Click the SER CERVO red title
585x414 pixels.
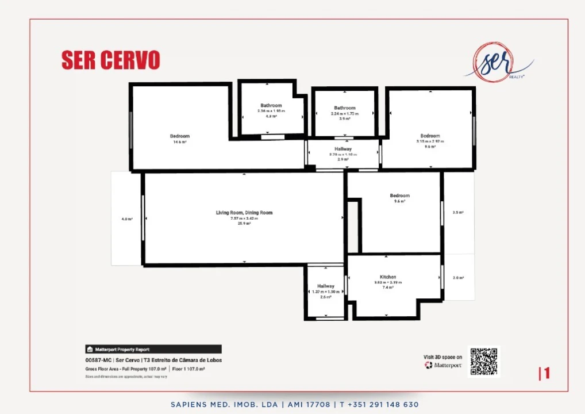pyautogui.click(x=110, y=60)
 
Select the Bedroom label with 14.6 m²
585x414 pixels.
pyautogui.click(x=179, y=136)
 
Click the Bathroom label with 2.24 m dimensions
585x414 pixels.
pyautogui.click(x=344, y=108)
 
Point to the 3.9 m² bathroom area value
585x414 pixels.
pyautogui.click(x=344, y=119)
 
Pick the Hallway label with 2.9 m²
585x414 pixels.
pyautogui.click(x=343, y=149)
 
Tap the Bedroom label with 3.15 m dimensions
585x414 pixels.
pyautogui.click(x=430, y=136)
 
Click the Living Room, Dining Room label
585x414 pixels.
pyautogui.click(x=244, y=213)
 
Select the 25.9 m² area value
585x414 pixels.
pyautogui.click(x=244, y=223)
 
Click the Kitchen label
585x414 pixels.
pyautogui.click(x=388, y=277)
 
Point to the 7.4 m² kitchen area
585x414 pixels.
pyautogui.click(x=388, y=287)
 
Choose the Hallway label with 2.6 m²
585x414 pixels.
pyautogui.click(x=326, y=286)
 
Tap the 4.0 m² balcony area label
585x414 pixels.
pyautogui.click(x=126, y=219)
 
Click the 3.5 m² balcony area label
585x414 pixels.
pyautogui.click(x=458, y=212)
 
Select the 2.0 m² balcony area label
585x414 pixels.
pyautogui.click(x=458, y=278)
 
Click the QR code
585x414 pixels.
pyautogui.click(x=483, y=361)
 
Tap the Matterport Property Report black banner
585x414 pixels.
pyautogui.click(x=153, y=349)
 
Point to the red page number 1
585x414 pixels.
pyautogui.click(x=545, y=373)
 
